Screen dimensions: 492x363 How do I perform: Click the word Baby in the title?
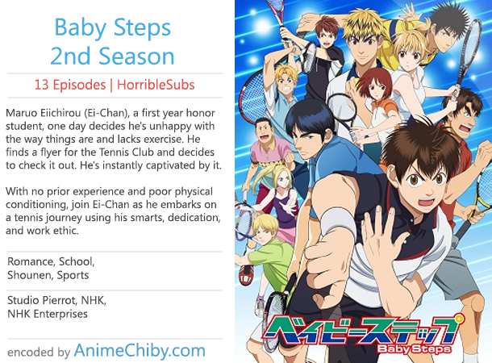click(x=81, y=28)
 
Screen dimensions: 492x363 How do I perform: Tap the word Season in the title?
click(x=136, y=56)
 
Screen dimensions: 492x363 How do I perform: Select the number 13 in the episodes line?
click(x=41, y=85)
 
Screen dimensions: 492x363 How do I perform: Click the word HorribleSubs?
click(x=156, y=85)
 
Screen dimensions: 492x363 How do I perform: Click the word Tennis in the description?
click(x=114, y=152)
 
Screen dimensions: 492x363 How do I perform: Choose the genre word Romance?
click(x=30, y=261)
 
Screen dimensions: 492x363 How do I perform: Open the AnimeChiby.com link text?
click(x=140, y=350)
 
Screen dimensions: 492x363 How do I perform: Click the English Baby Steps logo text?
click(x=415, y=348)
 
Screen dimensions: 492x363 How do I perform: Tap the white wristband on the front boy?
click(x=337, y=222)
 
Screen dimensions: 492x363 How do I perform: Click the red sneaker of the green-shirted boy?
click(x=247, y=275)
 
